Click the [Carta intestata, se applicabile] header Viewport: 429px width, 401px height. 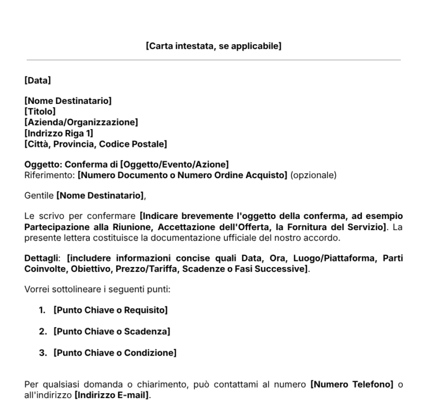pyautogui.click(x=213, y=46)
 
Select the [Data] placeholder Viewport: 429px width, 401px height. pyautogui.click(x=38, y=81)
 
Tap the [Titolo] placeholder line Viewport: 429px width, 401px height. pyautogui.click(x=40, y=112)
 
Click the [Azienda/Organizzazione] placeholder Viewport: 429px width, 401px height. pyautogui.click(x=81, y=122)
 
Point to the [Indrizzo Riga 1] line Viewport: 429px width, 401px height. pyautogui.click(x=59, y=133)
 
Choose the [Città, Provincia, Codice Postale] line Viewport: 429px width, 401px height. pyautogui.click(x=96, y=144)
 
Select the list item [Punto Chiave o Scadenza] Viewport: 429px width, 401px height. pyautogui.click(x=112, y=331)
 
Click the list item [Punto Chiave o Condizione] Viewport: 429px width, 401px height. pyautogui.click(x=115, y=353)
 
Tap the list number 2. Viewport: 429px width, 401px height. pyautogui.click(x=42, y=331)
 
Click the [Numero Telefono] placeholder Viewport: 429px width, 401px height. pyautogui.click(x=351, y=385)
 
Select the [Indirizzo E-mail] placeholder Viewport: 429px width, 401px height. pyautogui.click(x=112, y=395)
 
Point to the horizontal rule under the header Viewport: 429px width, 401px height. pyautogui.click(x=213, y=60)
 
